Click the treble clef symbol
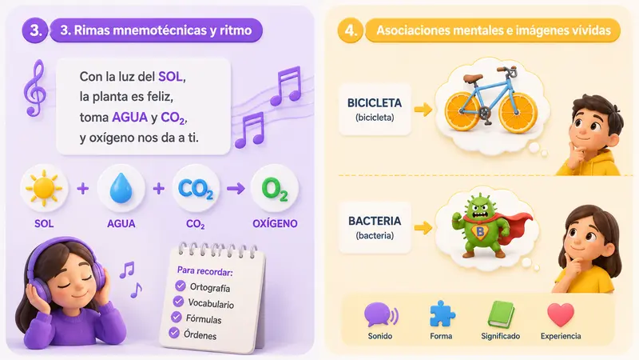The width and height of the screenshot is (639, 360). (x=34, y=88)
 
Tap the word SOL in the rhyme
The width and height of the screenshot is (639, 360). (x=170, y=76)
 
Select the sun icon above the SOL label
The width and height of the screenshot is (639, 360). (x=44, y=188)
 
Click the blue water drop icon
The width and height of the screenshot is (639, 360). (x=121, y=188)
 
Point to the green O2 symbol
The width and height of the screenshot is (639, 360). (x=275, y=189)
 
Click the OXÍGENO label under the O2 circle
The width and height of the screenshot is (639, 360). (x=275, y=223)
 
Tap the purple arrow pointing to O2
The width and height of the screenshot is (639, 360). (x=236, y=189)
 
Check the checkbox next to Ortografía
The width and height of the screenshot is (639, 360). (x=181, y=286)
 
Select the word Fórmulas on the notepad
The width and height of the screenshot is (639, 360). (x=204, y=318)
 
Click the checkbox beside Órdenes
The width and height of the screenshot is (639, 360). (x=174, y=333)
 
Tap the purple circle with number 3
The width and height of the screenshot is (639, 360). (x=35, y=30)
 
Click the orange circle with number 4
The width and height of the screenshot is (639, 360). (x=351, y=30)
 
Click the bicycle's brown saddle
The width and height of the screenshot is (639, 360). (x=473, y=77)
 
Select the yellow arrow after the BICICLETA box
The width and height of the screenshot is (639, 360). (x=423, y=109)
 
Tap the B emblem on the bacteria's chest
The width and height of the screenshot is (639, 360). (x=480, y=232)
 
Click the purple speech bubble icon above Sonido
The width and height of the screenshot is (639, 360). (x=381, y=315)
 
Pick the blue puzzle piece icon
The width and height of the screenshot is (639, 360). (x=442, y=314)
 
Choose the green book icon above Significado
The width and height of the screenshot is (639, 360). (x=501, y=314)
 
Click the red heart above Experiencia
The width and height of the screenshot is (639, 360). (x=561, y=314)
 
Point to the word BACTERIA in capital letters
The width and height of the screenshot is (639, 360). (x=375, y=221)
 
